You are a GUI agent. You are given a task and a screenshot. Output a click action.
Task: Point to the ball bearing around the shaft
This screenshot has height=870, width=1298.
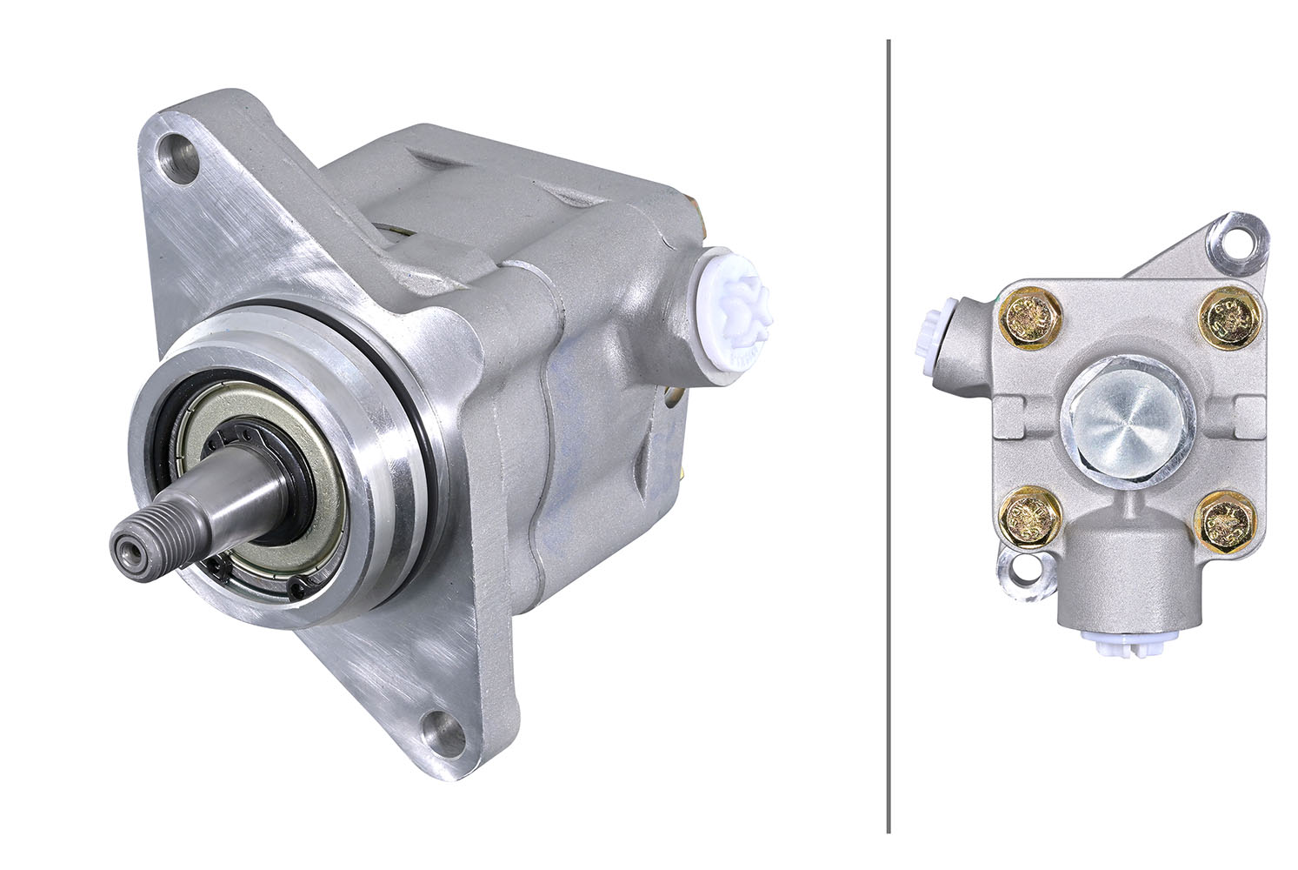261,487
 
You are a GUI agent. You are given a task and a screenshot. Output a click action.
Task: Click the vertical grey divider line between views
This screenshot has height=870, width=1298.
889,435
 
